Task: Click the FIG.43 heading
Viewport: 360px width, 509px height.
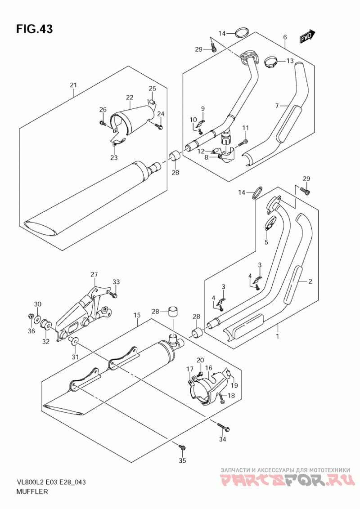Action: pyautogui.click(x=35, y=29)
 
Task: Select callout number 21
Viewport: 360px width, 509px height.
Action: pyautogui.click(x=73, y=85)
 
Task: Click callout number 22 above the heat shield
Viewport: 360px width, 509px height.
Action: pyautogui.click(x=130, y=97)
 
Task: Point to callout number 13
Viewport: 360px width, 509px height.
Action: pyautogui.click(x=290, y=61)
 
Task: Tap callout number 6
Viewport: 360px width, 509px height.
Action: pyautogui.click(x=285, y=37)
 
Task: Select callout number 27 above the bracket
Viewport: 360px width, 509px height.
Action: pyautogui.click(x=94, y=275)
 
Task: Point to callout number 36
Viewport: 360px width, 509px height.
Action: pyautogui.click(x=31, y=331)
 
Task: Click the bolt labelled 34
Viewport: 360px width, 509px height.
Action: pyautogui.click(x=224, y=427)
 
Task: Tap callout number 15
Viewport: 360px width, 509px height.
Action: pyautogui.click(x=137, y=315)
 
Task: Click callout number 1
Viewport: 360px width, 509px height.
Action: pyautogui.click(x=278, y=336)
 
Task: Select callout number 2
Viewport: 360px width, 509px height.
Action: pyautogui.click(x=310, y=281)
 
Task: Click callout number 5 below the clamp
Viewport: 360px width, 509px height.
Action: pyautogui.click(x=266, y=242)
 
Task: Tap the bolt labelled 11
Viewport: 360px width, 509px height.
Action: pyautogui.click(x=243, y=142)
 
